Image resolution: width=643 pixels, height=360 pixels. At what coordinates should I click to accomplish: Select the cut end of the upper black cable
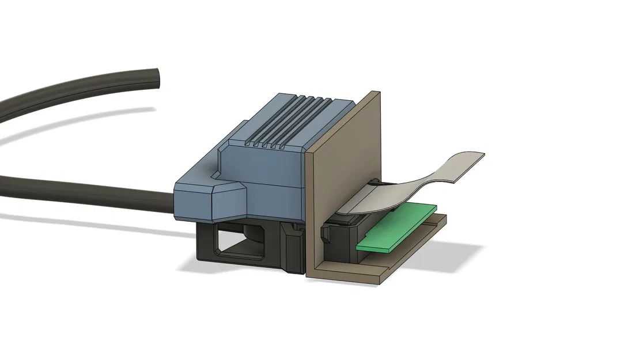(154, 78)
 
